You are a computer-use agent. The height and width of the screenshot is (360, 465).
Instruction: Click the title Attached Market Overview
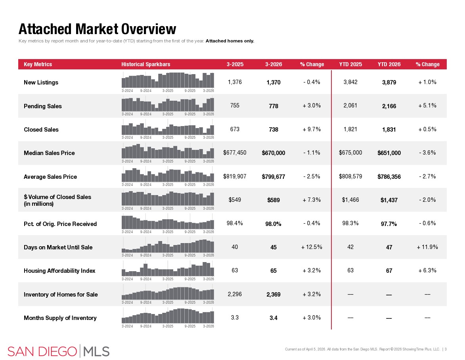point(97,29)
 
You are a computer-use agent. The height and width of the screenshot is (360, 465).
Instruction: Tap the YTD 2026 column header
point(389,64)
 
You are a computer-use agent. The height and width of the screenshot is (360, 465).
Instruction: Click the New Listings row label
point(41,82)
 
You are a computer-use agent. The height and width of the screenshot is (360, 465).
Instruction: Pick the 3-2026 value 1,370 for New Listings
point(273,82)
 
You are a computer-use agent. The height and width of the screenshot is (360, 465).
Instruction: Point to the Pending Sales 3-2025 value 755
point(235,106)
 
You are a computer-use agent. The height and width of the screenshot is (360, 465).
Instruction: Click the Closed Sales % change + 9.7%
point(312,129)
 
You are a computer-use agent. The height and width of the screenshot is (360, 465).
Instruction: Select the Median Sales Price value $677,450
point(235,153)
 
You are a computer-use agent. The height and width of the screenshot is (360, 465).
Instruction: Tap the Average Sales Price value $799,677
point(273,177)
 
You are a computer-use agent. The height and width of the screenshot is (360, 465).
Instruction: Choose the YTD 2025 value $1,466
point(350,200)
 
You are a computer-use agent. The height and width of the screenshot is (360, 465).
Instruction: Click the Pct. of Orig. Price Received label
point(60,224)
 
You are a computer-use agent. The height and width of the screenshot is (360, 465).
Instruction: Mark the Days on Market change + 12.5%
point(312,247)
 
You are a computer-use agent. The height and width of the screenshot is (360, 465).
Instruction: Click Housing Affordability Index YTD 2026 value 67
point(389,271)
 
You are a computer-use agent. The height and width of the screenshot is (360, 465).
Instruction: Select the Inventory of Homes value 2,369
point(273,295)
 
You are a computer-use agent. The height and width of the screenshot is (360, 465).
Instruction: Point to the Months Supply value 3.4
point(273,318)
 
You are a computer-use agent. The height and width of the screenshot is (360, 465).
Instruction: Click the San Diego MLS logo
point(59,351)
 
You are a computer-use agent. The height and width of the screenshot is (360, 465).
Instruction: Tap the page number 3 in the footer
point(446,349)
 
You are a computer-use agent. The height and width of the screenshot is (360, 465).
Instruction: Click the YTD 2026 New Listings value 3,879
point(389,82)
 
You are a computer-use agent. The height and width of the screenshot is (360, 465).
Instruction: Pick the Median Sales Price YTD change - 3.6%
point(427,153)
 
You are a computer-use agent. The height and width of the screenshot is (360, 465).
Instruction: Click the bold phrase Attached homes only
point(230,41)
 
